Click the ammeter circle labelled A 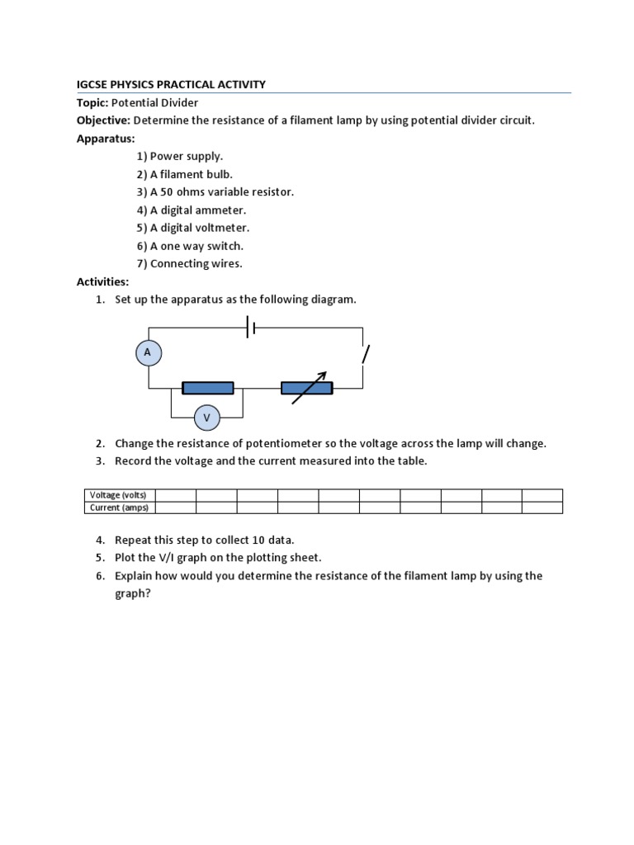(148, 352)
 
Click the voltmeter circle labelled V (206, 418)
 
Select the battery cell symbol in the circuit (252, 328)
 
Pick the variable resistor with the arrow (307, 388)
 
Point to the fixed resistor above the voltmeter (207, 388)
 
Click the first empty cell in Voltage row (176, 495)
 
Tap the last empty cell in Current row (542, 507)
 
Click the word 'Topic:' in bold (92, 102)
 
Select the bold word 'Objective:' (103, 120)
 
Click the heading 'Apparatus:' (106, 139)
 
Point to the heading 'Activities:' (103, 281)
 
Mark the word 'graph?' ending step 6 (132, 592)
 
